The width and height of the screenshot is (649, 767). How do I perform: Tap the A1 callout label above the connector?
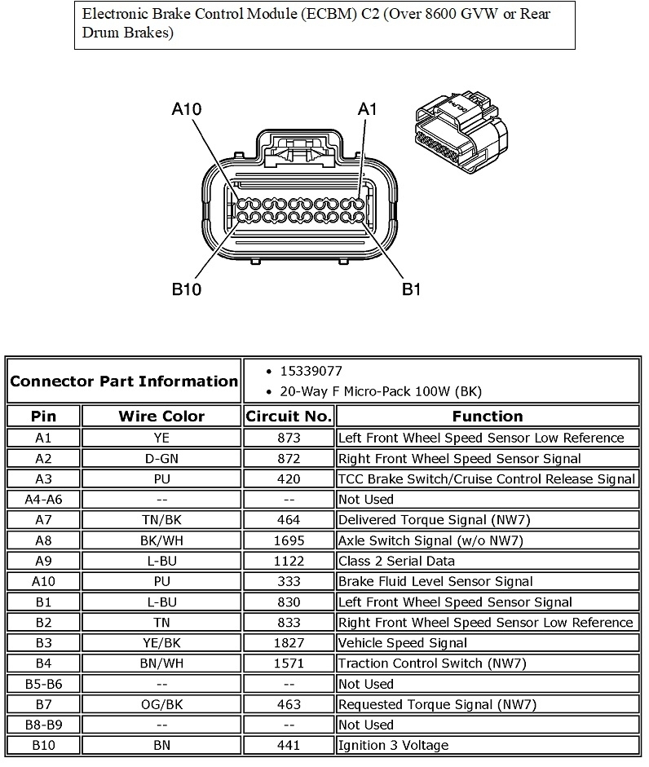point(369,109)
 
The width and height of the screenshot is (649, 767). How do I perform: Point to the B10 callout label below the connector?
point(187,289)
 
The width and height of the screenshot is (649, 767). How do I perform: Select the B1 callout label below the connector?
point(412,289)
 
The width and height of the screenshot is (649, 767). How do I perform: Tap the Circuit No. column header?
point(289,417)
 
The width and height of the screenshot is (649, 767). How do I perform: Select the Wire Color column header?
point(161,417)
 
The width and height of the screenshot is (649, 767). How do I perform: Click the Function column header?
point(487,417)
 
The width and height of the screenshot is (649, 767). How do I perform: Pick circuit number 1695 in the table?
point(289,540)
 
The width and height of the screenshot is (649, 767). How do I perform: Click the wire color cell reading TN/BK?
point(161,520)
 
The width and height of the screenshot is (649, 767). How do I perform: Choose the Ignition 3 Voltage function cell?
point(393,745)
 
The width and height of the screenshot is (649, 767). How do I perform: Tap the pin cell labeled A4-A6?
point(44,499)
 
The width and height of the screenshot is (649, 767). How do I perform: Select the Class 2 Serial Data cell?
point(396,561)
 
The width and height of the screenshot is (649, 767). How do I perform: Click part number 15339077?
point(311,371)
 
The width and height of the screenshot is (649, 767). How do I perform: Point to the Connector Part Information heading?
point(124,381)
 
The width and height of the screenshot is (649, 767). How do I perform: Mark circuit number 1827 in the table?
point(289,643)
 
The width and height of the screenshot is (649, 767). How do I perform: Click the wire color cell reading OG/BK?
point(161,704)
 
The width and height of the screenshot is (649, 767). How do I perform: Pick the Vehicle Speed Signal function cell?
point(403,643)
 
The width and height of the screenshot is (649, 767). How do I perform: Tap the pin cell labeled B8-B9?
point(44,725)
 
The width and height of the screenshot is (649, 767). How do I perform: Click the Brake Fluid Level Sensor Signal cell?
point(435,581)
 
